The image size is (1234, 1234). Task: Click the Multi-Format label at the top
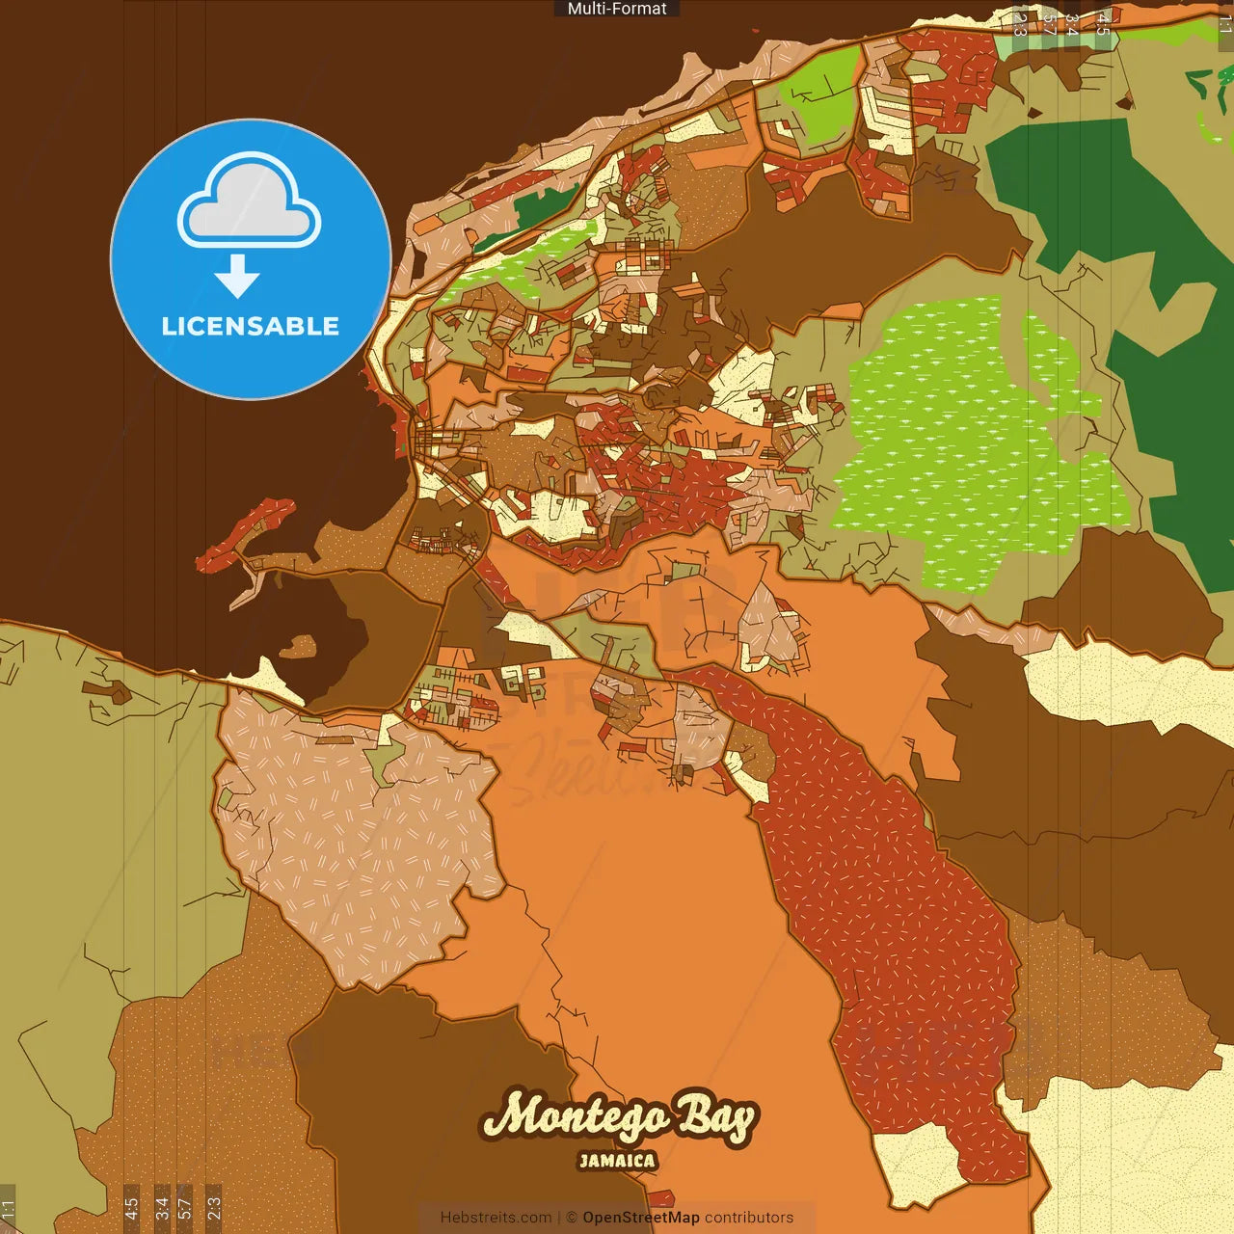point(617,9)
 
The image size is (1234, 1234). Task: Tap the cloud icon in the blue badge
point(250,202)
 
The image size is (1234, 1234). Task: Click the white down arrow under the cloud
point(237,276)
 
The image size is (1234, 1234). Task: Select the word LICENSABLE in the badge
point(250,326)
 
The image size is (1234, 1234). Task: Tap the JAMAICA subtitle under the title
point(617,1161)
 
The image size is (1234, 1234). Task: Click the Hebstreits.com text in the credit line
point(496,1218)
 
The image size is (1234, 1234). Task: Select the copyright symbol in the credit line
point(571,1218)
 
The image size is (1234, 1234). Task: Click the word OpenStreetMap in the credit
point(641,1218)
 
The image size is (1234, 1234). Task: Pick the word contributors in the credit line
point(749,1218)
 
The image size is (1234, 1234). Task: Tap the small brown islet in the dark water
point(298,645)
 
